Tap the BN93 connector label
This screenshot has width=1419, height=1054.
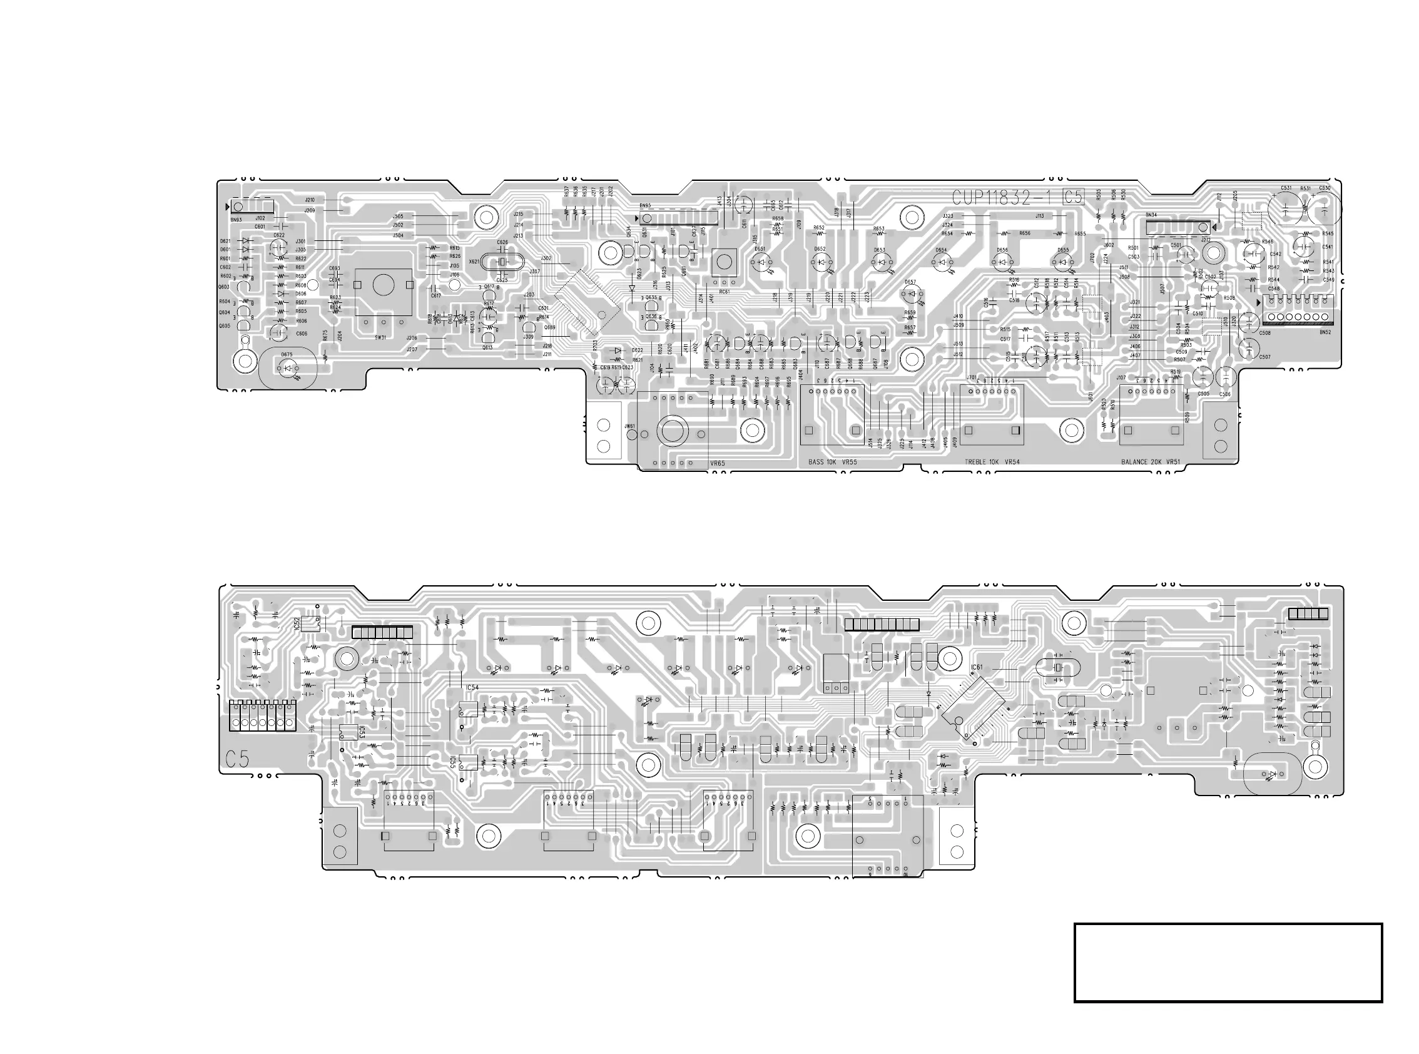pos(236,220)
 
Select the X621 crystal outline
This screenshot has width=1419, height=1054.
pos(502,262)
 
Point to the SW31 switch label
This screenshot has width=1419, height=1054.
pos(381,337)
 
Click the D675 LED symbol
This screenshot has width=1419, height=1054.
pos(289,368)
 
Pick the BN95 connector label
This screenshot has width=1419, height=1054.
pos(646,206)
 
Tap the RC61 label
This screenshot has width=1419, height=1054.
pos(724,292)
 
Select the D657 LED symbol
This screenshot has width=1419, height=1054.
pos(912,294)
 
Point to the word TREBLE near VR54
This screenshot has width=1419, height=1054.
pos(976,462)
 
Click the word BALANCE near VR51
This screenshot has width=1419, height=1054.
pos(1135,462)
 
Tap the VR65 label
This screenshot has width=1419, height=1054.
pos(718,464)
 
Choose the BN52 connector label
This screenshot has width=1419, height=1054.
pos(1325,332)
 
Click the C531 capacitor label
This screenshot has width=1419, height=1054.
pos(1286,188)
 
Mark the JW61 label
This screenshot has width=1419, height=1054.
pos(629,426)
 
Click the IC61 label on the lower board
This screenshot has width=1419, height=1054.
pos(977,667)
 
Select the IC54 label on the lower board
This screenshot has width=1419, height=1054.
pos(472,688)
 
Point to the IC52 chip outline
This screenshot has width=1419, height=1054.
pos(310,623)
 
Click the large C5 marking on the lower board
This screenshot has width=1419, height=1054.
pos(237,759)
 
